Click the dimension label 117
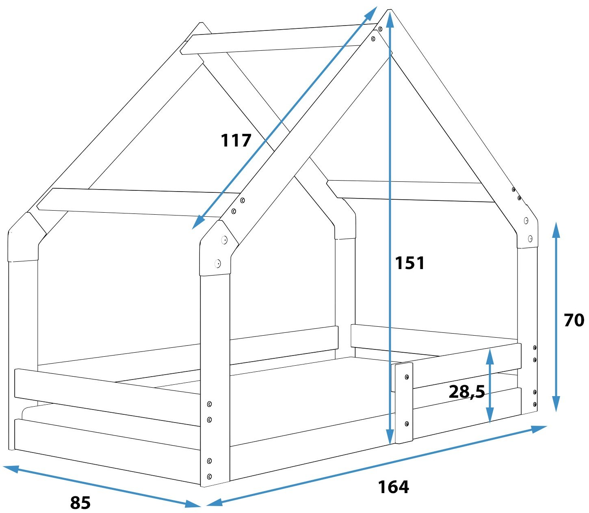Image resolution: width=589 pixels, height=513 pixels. tap(236, 140)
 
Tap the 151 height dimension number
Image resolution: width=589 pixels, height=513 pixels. tap(409, 263)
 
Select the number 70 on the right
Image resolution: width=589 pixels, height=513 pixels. tap(574, 320)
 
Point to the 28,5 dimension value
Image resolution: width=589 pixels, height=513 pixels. tap(467, 392)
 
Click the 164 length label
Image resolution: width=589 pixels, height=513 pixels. tap(393, 487)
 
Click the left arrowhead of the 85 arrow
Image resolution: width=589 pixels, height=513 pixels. tap(11, 469)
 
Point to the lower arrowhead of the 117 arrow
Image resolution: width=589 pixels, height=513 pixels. tap(198, 222)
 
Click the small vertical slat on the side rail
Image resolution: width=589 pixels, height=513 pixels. tap(404, 403)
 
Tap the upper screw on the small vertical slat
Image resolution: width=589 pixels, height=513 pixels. tap(407, 377)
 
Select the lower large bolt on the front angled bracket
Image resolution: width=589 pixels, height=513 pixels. tap(218, 263)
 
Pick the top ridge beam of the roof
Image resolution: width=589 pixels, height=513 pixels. tap(279, 39)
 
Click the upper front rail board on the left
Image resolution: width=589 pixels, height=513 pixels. tap(107, 397)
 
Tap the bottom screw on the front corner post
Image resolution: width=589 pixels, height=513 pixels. tap(209, 476)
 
